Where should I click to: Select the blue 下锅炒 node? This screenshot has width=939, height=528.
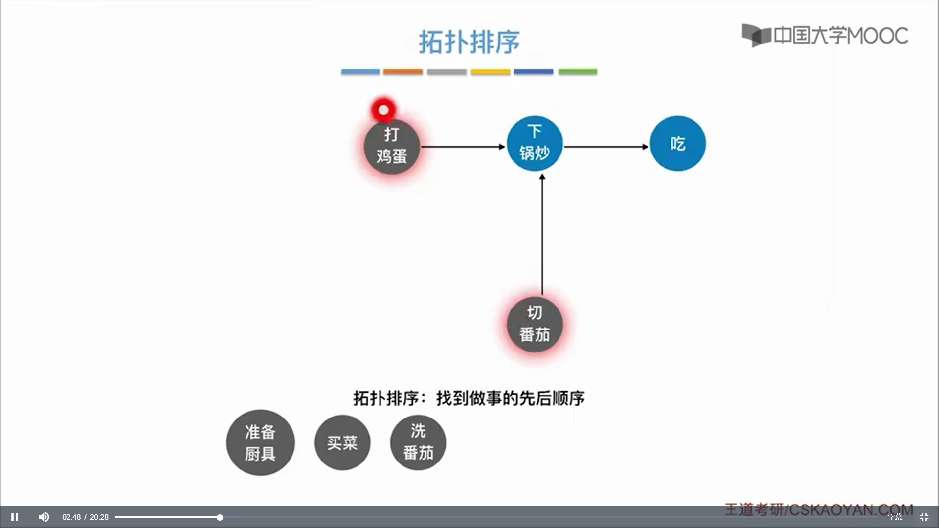(535, 143)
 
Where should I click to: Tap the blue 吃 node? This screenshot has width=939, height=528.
(677, 143)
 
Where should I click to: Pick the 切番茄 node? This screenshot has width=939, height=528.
(535, 324)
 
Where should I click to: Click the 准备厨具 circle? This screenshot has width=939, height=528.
(260, 442)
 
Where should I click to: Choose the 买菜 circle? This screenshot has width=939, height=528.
(342, 442)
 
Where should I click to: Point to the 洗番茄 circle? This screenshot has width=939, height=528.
(418, 442)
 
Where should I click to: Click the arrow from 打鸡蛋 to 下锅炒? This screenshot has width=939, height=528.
(462, 147)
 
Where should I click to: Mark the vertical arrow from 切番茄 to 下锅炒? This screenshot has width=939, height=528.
(542, 235)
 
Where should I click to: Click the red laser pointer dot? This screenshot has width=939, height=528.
(383, 110)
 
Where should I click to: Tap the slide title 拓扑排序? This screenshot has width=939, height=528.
(469, 42)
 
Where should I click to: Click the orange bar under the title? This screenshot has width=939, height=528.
(402, 72)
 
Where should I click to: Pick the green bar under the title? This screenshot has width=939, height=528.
(578, 72)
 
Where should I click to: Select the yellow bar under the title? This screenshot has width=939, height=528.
(490, 72)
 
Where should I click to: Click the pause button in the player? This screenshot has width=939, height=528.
(15, 517)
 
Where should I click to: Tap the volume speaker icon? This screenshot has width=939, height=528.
(44, 517)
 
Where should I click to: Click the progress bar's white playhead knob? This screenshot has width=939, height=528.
(220, 517)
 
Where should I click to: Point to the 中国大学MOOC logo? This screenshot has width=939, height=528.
(825, 35)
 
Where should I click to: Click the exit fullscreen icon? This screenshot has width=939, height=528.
(924, 517)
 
